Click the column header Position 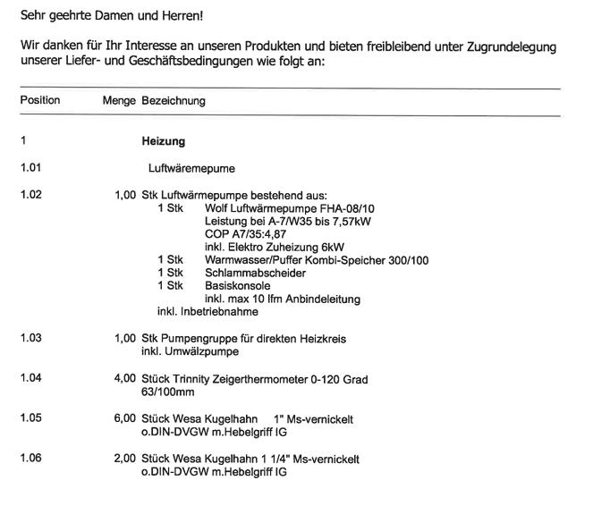pyautogui.click(x=39, y=100)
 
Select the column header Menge pyautogui.click(x=119, y=100)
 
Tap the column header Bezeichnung pyautogui.click(x=174, y=100)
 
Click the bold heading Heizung pyautogui.click(x=163, y=140)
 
